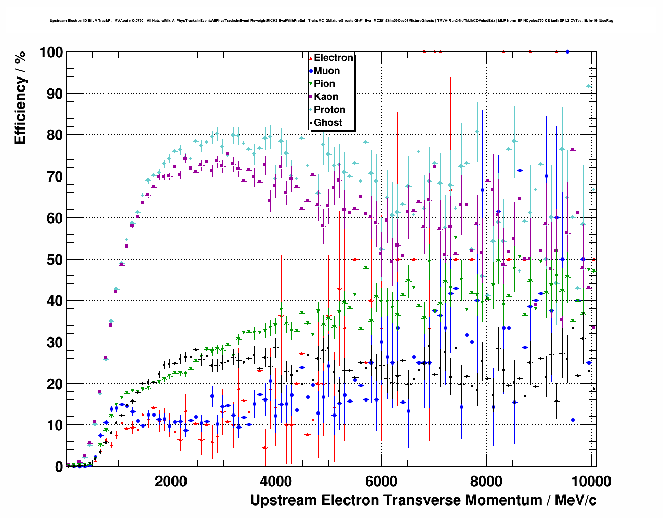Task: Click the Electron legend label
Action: coord(334,58)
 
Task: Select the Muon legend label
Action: coord(327,71)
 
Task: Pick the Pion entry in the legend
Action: coord(324,84)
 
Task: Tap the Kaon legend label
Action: coord(326,97)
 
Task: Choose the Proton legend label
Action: coord(329,110)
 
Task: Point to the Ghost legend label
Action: coord(328,123)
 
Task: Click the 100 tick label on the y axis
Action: coord(51,53)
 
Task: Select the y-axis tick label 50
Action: coord(55,260)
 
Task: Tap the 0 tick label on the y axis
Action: coord(59,467)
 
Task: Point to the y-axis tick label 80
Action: coord(55,135)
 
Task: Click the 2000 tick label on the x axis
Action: coord(171,481)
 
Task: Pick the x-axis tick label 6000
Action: coord(381,481)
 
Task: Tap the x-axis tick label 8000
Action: coord(486,481)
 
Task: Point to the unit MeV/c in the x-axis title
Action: coord(575,500)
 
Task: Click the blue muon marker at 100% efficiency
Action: coord(567,52)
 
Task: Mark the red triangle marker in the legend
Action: coord(311,58)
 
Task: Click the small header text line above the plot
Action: coord(331,21)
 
